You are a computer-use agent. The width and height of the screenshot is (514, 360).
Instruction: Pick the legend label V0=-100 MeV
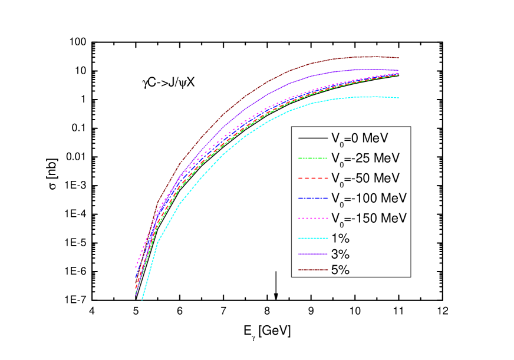pyautogui.click(x=368, y=197)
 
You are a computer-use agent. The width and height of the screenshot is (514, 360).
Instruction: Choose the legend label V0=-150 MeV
pyautogui.click(x=368, y=218)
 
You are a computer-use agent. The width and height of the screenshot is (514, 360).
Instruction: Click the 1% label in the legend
pyautogui.click(x=341, y=238)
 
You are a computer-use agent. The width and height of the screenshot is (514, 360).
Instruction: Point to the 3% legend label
pyautogui.click(x=341, y=255)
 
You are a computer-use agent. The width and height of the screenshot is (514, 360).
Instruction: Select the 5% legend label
pyautogui.click(x=341, y=270)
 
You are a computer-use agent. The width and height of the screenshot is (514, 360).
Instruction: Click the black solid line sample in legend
pyautogui.click(x=312, y=138)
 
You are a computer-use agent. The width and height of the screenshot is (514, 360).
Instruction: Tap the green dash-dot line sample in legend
pyautogui.click(x=312, y=158)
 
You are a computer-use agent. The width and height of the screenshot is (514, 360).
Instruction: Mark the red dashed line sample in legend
pyautogui.click(x=312, y=178)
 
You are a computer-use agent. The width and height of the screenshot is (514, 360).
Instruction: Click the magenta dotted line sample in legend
pyautogui.click(x=312, y=218)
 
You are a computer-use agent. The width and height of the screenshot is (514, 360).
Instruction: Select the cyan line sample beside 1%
pyautogui.click(x=312, y=238)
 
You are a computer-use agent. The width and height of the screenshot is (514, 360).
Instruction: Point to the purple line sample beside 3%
pyautogui.click(x=312, y=254)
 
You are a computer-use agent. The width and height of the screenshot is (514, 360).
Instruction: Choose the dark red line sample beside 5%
pyautogui.click(x=312, y=270)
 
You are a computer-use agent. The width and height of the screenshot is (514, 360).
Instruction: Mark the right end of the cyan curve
pyautogui.click(x=398, y=98)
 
